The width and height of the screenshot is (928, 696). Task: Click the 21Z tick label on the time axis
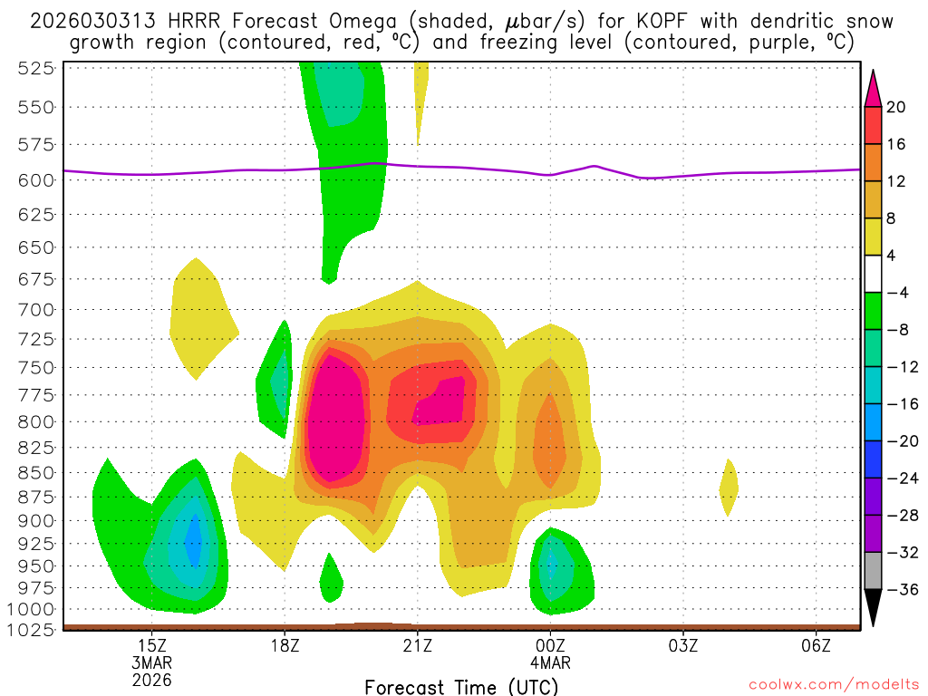click(417, 646)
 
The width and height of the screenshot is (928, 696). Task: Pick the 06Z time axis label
click(817, 646)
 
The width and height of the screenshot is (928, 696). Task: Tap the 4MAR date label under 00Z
click(550, 662)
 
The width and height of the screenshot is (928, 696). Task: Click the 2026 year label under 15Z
click(151, 679)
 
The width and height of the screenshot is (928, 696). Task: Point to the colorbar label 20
click(896, 107)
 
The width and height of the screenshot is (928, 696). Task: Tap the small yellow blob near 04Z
click(729, 488)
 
